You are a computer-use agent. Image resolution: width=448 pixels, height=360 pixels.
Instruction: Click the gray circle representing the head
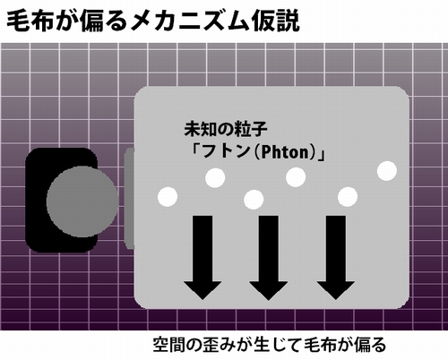82,201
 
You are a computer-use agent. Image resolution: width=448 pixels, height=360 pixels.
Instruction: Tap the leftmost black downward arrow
202,258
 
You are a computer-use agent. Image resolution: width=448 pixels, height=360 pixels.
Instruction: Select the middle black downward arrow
269,258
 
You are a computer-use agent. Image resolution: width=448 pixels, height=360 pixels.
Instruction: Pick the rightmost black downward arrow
336,258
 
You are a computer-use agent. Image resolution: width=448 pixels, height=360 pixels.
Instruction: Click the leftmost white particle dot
168,197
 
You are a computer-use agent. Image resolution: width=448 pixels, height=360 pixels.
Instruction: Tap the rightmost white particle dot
387,171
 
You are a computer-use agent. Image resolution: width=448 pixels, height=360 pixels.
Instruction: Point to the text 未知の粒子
226,129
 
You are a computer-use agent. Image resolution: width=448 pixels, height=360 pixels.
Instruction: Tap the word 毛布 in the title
30,21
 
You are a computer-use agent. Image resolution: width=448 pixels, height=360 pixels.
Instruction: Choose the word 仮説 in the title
275,21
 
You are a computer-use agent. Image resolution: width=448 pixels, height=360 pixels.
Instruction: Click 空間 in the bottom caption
170,345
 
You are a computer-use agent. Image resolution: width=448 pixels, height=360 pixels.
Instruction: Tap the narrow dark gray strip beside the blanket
129,199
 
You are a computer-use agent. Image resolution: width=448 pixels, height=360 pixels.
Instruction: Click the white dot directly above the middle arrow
254,199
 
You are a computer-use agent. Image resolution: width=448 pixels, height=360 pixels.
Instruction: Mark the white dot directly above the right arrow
348,197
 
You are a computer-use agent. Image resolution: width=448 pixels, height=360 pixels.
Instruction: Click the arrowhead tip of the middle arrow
269,299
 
